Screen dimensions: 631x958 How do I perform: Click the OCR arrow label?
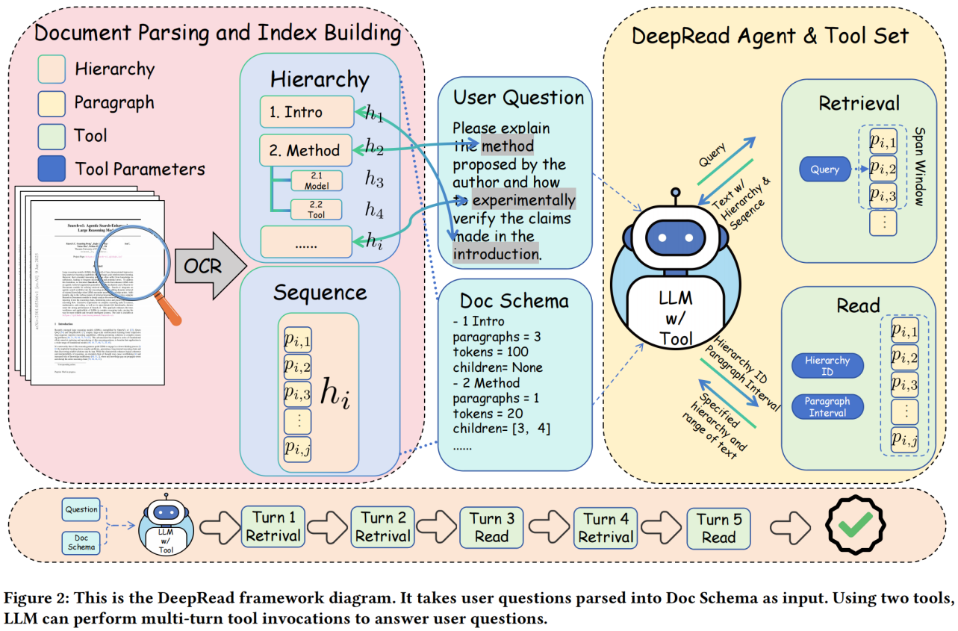203,265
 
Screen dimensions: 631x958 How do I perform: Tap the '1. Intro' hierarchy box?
306,112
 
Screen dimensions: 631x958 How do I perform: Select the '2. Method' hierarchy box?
306,149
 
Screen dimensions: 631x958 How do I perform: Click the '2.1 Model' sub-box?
317,180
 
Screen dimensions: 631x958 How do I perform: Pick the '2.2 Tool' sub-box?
317,210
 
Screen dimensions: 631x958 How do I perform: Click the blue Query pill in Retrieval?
824,170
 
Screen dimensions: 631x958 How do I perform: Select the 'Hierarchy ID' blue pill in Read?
827,365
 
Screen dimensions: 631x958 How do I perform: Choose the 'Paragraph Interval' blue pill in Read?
827,407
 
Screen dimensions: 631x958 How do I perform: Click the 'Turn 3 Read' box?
491,527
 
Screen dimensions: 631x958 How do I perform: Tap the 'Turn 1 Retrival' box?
271,527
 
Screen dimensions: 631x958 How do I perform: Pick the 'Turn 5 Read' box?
719,527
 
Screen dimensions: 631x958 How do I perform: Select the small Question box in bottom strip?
81,509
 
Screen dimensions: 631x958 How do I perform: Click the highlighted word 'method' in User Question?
507,146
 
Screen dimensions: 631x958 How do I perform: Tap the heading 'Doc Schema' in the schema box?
514,301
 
